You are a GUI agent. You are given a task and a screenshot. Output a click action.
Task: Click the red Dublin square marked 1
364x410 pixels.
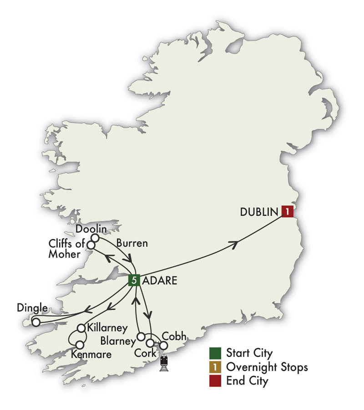pos(287,211)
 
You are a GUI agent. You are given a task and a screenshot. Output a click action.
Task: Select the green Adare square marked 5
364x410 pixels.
pos(134,280)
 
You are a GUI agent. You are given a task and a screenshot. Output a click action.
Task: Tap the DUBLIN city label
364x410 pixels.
pos(259,212)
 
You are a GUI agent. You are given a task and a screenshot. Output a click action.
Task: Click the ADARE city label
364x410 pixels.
pos(160,281)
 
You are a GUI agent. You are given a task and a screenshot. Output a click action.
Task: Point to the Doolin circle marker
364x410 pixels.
pos(96,238)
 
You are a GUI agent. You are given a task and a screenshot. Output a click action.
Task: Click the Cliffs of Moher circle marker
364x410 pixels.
pos(91,245)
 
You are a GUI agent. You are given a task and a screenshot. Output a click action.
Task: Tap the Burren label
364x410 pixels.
pos(131,243)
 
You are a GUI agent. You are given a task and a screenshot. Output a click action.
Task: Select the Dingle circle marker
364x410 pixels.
pos(35,322)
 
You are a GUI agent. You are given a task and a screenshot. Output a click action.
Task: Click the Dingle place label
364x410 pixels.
pos(32,308)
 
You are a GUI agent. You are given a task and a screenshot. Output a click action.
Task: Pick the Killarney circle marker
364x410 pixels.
pos(81,328)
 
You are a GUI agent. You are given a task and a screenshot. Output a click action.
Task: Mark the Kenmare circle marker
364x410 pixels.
pos(80,344)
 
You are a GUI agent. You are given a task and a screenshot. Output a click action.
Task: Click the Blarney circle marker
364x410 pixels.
pos(141,337)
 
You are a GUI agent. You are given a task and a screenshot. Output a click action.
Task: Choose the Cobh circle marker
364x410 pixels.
pos(163,346)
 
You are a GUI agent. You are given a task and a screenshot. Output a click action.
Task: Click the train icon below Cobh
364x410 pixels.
pos(164,364)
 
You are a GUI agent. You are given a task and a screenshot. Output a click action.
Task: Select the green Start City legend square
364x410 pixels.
pos(215,353)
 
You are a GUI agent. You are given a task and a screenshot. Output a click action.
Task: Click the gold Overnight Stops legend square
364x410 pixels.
pos(215,367)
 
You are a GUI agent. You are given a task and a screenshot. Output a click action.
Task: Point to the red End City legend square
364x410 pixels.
pos(215,381)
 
